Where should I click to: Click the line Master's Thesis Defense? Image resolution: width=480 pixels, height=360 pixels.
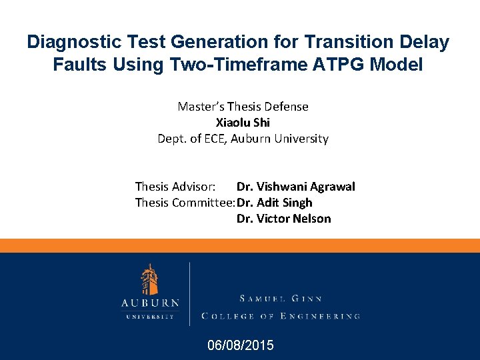click(243, 107)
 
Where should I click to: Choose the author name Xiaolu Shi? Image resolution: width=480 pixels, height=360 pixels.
click(243, 123)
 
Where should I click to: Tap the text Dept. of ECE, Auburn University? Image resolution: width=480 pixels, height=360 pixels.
click(243, 139)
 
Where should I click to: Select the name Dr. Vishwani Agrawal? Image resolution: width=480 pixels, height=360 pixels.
click(295, 187)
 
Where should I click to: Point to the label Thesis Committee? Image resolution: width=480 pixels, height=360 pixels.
click(185, 203)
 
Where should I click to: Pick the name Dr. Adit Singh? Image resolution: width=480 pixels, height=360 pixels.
click(274, 203)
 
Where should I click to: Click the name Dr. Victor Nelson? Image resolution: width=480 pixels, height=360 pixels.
click(283, 219)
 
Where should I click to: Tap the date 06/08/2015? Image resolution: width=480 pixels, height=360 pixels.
click(240, 345)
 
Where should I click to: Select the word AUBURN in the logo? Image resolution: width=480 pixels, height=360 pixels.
click(150, 303)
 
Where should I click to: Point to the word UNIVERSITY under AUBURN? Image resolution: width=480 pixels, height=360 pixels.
click(150, 316)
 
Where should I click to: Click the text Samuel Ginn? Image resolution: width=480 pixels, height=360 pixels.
click(281, 299)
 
